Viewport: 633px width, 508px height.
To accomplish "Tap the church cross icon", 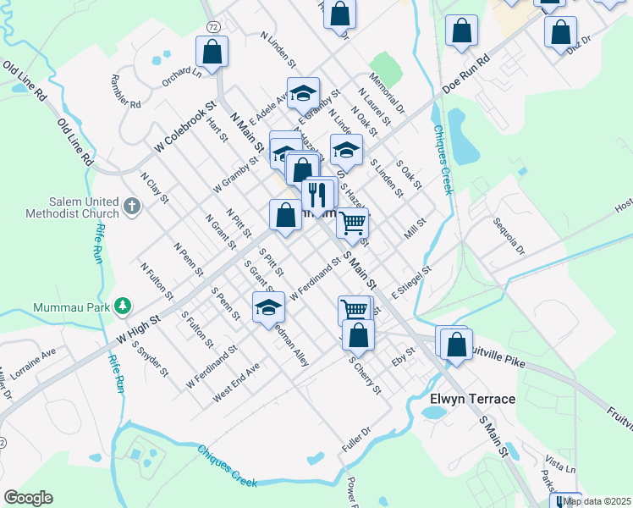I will point(131,205).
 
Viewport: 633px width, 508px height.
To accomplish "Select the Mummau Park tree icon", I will point(123,305).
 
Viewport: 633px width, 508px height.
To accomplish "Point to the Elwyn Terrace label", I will point(472,399).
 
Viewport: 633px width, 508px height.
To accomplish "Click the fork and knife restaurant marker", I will point(318,196).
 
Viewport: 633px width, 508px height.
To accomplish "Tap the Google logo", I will point(28,498).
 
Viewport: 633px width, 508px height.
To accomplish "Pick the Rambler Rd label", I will point(124,92).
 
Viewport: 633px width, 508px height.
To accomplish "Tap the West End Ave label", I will point(236,382).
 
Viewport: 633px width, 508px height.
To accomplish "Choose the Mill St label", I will point(414,228).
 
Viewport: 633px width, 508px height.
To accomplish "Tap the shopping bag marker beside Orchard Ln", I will point(212,52).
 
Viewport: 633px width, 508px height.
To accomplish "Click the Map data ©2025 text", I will point(597,500).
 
